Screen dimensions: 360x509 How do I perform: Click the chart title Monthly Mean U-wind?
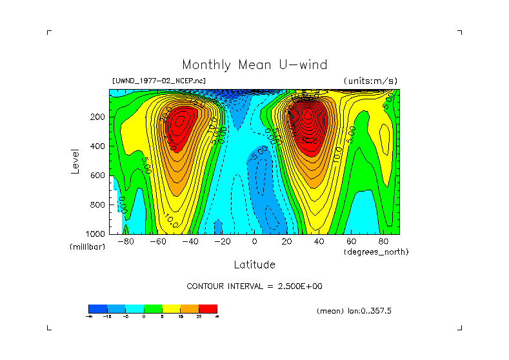(254, 65)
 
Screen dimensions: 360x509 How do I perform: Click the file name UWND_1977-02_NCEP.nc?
(159, 81)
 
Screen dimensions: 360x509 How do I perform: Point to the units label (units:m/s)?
(370, 81)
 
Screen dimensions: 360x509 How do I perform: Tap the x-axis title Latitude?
(254, 265)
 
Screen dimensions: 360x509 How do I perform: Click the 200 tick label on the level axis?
(98, 117)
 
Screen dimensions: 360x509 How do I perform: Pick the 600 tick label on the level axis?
(98, 175)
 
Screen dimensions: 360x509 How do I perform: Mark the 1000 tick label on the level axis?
(96, 233)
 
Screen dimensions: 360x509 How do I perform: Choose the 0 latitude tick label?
(254, 242)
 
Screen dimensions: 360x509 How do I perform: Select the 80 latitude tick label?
(383, 242)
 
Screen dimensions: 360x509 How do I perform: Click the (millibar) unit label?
(87, 247)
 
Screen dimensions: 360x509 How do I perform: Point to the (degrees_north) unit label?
(376, 252)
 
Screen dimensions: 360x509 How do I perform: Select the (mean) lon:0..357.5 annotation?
(354, 311)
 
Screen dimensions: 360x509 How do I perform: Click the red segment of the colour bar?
(208, 308)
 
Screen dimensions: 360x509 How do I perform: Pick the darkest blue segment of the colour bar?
(97, 308)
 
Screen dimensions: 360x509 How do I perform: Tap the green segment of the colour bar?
(152, 308)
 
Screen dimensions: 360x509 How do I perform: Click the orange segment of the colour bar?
(190, 308)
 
